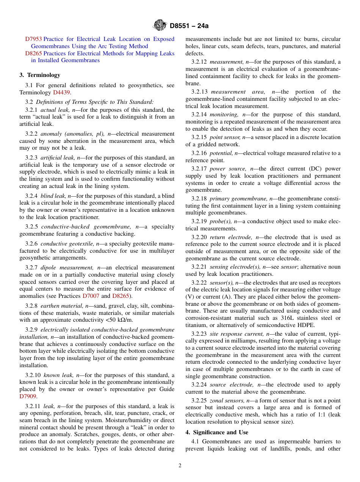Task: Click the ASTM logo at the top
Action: coord(160,26)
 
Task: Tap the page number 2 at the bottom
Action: coord(180,466)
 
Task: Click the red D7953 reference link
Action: coord(33,39)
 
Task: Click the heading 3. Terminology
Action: coord(40,75)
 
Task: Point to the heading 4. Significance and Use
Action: coord(217,432)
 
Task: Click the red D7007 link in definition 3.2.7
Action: coord(91,296)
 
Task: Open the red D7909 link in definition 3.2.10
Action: coord(28,396)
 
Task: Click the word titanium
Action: coord(196,325)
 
